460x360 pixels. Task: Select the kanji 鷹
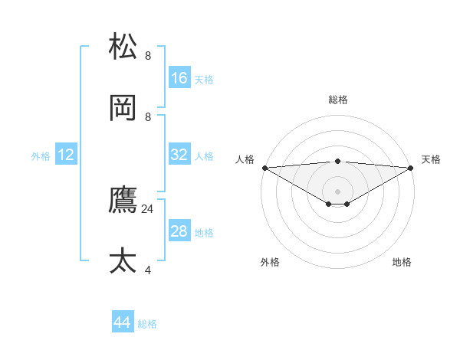123,200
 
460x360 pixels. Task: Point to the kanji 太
123,260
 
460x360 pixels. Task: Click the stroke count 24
148,208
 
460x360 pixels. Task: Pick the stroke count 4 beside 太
148,270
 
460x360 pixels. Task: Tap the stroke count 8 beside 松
148,55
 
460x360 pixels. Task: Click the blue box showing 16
179,78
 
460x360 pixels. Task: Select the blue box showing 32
179,155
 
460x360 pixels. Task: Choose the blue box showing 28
179,231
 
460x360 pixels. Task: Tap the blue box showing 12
66,155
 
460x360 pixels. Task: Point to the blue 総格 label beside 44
147,324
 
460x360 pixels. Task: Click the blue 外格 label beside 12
41,155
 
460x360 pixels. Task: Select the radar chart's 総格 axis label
337,100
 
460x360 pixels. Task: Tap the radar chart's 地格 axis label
402,262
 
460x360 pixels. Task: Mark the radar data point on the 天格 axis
411,167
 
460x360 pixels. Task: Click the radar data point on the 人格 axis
264,167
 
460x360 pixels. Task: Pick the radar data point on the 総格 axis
337,161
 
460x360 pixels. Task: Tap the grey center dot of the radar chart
337,191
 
